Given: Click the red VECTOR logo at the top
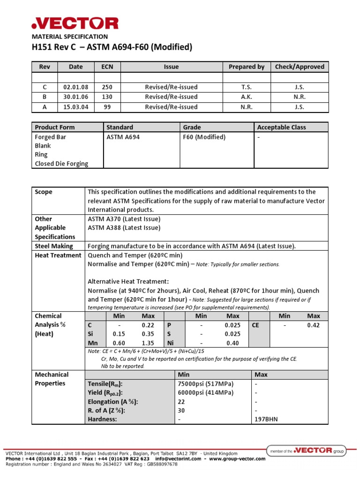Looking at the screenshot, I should point(75,23).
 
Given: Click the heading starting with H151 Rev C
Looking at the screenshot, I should point(112,47).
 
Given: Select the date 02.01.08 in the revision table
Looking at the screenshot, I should point(75,87).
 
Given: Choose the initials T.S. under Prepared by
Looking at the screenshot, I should point(247,87).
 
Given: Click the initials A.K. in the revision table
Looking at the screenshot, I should point(247,97).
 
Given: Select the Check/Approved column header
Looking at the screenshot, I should point(300,67).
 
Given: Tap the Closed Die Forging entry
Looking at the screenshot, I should point(61,164).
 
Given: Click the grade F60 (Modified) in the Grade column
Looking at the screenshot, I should point(204,137).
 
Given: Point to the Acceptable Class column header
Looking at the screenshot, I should point(281,127).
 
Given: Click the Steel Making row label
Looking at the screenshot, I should point(54,246).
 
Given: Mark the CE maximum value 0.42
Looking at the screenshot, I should point(314,325).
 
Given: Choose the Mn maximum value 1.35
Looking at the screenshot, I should point(148,343).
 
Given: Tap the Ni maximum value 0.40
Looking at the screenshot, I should point(232,343).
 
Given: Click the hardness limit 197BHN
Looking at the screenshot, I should point(266,419).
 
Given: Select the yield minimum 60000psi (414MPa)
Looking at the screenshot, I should point(206,392).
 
